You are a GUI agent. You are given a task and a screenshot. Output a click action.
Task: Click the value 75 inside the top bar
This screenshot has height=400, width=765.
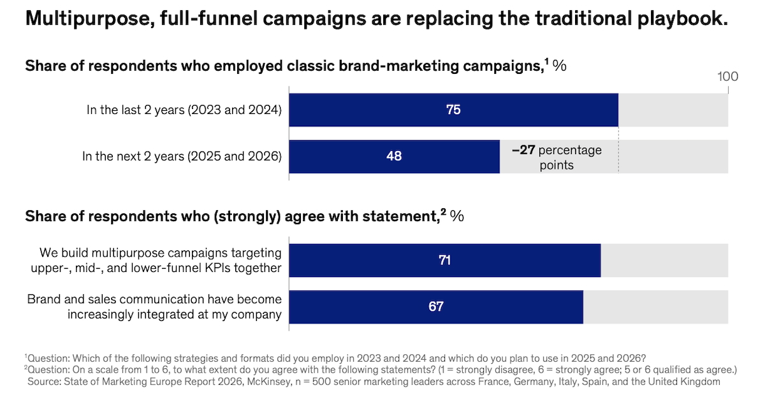pos(453,110)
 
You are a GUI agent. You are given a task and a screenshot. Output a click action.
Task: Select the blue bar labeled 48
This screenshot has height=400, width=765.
pos(394,156)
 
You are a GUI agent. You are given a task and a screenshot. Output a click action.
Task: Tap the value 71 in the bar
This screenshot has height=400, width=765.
pos(444,260)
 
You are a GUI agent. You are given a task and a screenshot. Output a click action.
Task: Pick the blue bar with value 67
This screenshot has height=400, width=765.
pos(435,306)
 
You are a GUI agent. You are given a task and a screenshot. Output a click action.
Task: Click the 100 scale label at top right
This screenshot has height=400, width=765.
pos(727,77)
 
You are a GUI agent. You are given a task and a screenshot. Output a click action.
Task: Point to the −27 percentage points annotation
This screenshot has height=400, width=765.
pos(556,157)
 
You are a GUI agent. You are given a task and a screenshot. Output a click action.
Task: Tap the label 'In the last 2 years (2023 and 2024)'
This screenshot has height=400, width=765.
pos(184,110)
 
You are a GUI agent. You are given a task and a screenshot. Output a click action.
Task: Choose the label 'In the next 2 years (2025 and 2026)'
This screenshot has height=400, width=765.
pos(182,156)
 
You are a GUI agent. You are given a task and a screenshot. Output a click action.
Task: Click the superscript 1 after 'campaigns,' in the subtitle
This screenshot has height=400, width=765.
pos(546,61)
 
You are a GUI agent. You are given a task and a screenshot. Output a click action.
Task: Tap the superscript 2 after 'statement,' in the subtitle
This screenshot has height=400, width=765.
pos(443,212)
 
